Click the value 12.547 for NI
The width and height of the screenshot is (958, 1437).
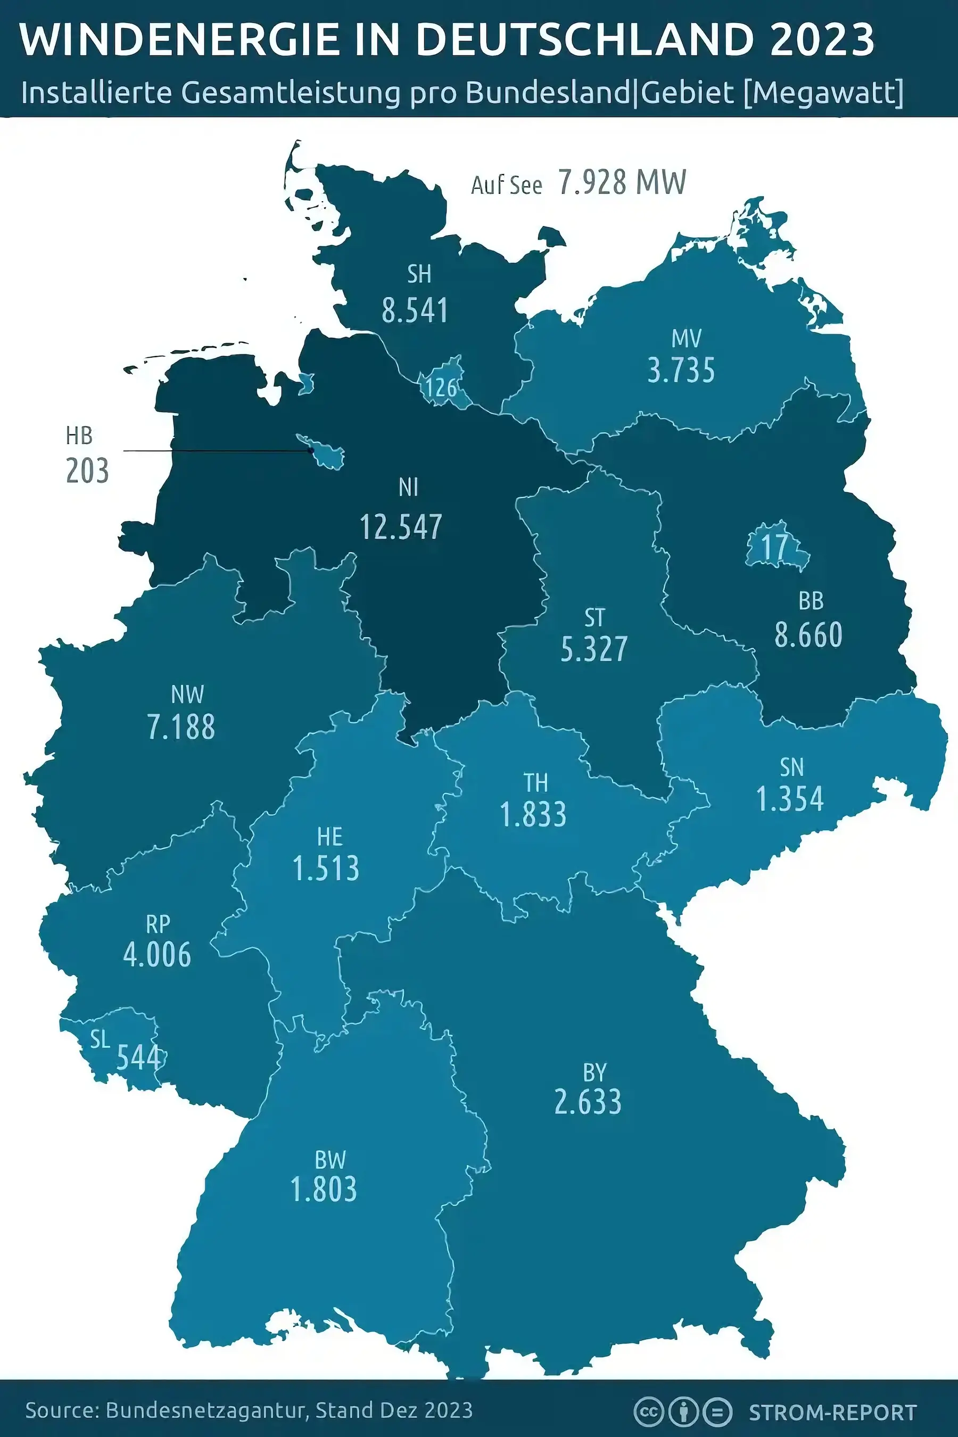tap(401, 527)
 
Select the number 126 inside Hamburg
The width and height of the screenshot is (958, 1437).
tap(441, 387)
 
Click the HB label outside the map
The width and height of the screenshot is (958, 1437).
tap(79, 436)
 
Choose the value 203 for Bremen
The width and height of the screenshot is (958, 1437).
tap(87, 471)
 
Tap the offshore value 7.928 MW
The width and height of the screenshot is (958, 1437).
tap(621, 182)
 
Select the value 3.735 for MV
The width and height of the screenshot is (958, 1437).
tap(681, 371)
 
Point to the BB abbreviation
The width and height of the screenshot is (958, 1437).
tap(811, 601)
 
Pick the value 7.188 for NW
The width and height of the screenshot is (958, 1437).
tap(181, 727)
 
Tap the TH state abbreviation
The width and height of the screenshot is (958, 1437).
tap(535, 783)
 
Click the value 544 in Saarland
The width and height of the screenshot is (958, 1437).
tap(139, 1057)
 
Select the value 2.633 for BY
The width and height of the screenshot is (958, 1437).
tap(588, 1102)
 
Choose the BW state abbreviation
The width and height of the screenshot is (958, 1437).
tap(330, 1160)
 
